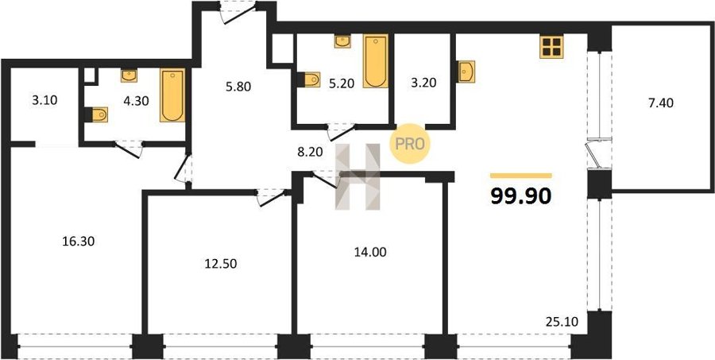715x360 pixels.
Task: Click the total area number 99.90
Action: [x=520, y=196]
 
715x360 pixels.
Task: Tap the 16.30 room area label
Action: [x=79, y=241]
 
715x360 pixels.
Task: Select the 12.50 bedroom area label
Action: [x=221, y=263]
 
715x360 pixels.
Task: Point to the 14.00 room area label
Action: [x=370, y=251]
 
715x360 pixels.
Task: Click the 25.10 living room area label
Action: [x=562, y=322]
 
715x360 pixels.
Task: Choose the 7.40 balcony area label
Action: [x=661, y=103]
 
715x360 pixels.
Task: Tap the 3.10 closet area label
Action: [x=44, y=100]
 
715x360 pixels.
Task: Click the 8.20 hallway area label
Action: [x=310, y=153]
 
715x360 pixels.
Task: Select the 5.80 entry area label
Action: [x=238, y=86]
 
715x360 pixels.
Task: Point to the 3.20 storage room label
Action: [x=423, y=83]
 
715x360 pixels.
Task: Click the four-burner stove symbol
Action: [x=552, y=47]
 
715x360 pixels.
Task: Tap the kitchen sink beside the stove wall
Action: [x=466, y=72]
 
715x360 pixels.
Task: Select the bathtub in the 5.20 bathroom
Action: [x=376, y=60]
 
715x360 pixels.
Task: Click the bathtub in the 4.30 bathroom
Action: [x=173, y=95]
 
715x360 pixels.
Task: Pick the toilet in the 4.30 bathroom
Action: [x=97, y=114]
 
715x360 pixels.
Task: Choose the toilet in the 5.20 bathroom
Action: [x=309, y=79]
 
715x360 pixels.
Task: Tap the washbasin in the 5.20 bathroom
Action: [x=342, y=41]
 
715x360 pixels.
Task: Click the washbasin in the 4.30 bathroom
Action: [x=129, y=75]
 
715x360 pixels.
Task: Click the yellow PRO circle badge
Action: [x=409, y=144]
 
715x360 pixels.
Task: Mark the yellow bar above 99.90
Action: [x=520, y=176]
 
